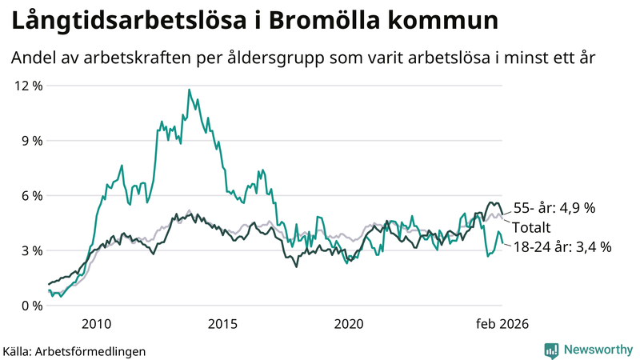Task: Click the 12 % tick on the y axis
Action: (x=26, y=86)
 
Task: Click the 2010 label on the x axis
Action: (x=96, y=324)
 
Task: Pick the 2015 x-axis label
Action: (x=222, y=324)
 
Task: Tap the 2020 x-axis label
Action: (x=349, y=324)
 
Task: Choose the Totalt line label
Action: (x=531, y=227)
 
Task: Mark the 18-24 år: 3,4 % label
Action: (x=562, y=247)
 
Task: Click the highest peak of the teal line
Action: (x=190, y=90)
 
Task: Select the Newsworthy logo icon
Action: (x=551, y=350)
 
